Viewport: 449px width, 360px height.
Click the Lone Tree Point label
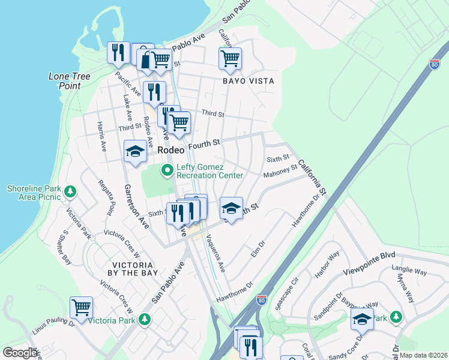(x=65, y=81)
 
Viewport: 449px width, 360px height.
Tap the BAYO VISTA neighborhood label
(x=249, y=81)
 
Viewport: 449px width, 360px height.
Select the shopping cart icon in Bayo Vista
(x=230, y=59)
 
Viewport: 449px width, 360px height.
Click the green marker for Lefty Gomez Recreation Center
(x=167, y=171)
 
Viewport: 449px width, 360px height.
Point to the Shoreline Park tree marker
(x=71, y=192)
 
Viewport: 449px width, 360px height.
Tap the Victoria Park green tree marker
(x=143, y=320)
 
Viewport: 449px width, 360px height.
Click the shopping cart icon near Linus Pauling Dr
(x=81, y=308)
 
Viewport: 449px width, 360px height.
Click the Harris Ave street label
(x=101, y=136)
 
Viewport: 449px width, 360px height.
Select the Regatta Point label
(x=109, y=196)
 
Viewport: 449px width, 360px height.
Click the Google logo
(x=20, y=353)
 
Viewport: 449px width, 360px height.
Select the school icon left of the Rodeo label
(x=135, y=152)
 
